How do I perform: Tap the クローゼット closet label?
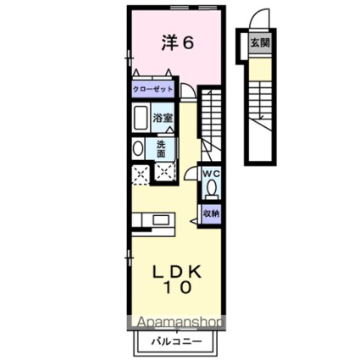coord(153,89)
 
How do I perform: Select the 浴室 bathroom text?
coord(163,119)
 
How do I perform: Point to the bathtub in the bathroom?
coord(141,119)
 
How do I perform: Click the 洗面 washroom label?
coord(161,148)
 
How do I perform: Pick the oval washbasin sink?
coord(139,148)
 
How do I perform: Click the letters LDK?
coord(179,271)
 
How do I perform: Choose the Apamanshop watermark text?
coord(174,323)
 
